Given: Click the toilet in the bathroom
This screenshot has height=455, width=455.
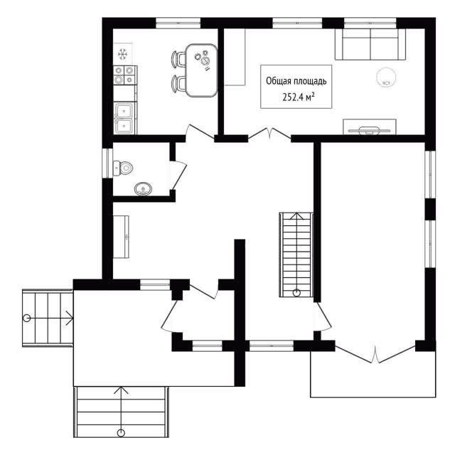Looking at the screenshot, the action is pos(123,168).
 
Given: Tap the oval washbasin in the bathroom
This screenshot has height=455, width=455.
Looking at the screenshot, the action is pos(143,189).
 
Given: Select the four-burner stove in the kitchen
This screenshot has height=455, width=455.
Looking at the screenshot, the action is pos(125,75).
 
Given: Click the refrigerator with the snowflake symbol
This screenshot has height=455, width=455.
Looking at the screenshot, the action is pos(123,54).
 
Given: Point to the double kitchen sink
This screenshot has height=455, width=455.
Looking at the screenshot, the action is pos(125,118).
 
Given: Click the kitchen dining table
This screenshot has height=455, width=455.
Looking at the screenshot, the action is pos(202,70).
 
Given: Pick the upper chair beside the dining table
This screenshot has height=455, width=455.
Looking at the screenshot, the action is pos(178,59).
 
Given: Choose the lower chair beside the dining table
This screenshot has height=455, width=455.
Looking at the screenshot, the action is pos(178,84).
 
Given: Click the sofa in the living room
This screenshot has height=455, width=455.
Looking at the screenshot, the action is pos(370,44).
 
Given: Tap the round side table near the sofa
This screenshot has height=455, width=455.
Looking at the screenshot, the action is pos(386,77).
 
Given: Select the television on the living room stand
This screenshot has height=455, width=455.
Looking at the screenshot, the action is pos(369,130).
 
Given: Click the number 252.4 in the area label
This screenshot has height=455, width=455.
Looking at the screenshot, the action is pos(293,97).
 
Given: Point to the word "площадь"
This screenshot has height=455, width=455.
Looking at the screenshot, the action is pos(310,82).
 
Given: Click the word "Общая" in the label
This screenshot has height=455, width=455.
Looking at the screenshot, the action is pos(279,81).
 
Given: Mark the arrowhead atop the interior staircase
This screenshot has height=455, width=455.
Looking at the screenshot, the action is pos(296,216).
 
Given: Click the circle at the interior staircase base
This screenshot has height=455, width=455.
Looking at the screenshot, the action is pos(296,293).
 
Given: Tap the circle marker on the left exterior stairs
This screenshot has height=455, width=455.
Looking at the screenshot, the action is pos(27,318).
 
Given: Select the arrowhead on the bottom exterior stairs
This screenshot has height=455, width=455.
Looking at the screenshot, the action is pos(121,390).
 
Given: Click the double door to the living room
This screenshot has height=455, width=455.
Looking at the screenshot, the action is pos(269,134).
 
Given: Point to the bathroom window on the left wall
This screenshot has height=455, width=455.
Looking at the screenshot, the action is pos(107,163).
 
